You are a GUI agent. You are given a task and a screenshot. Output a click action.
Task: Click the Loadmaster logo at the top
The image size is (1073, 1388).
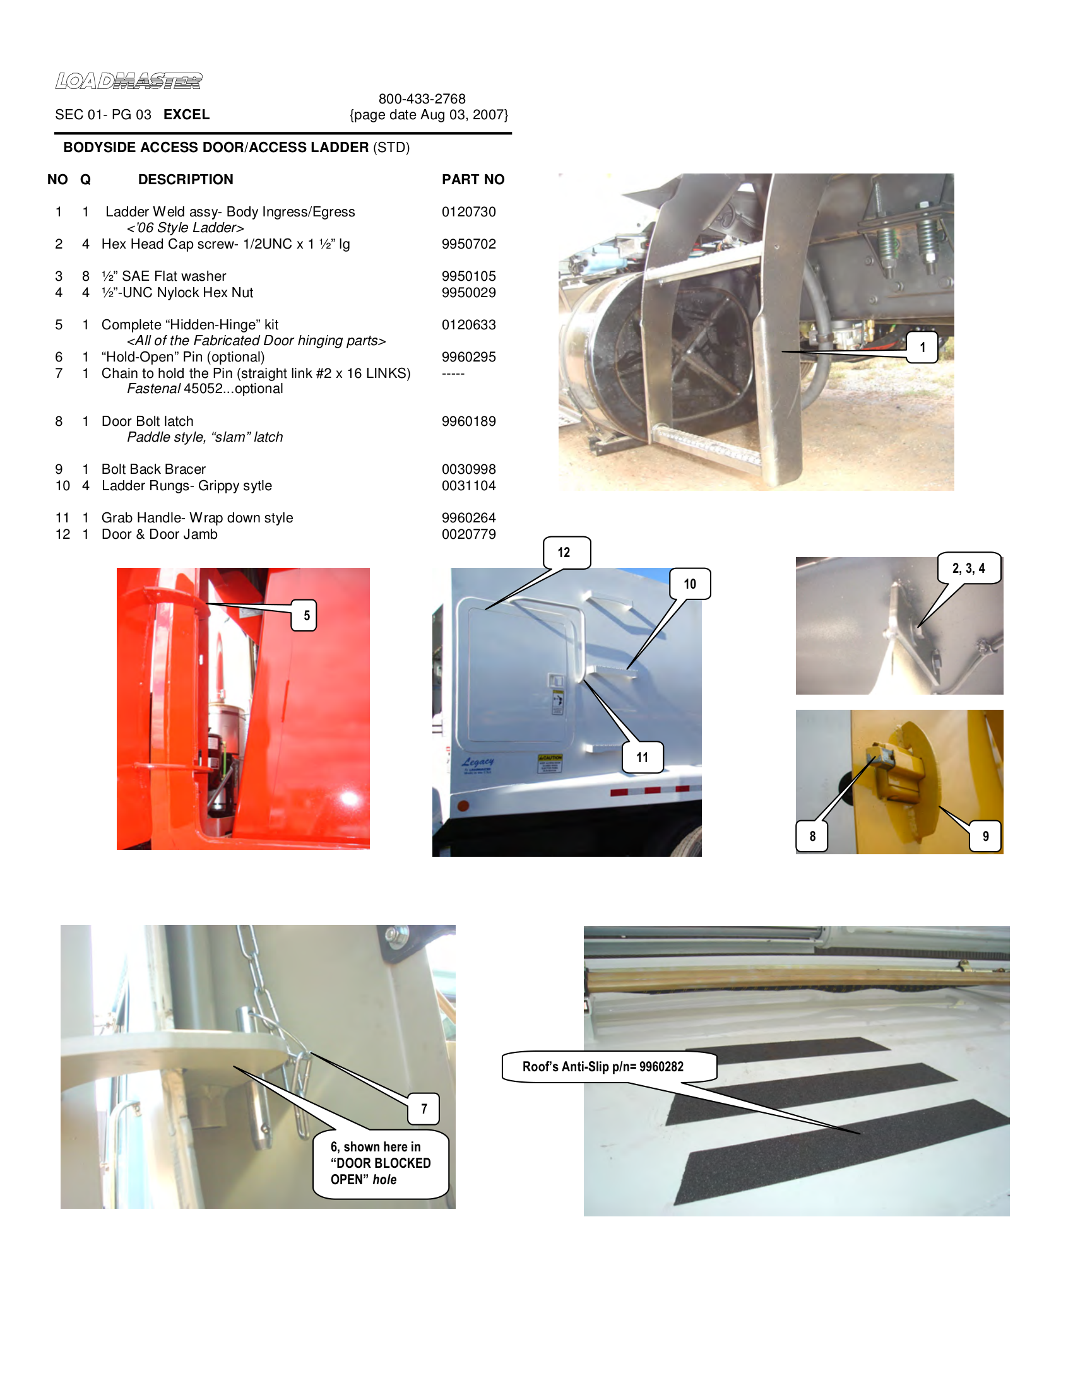pyautogui.click(x=128, y=81)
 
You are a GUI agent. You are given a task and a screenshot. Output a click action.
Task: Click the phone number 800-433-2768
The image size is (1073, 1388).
pyautogui.click(x=422, y=98)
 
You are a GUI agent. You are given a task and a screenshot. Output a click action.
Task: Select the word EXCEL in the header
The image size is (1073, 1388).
pyautogui.click(x=186, y=114)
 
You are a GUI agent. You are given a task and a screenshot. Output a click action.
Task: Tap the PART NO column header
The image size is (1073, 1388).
pyautogui.click(x=472, y=179)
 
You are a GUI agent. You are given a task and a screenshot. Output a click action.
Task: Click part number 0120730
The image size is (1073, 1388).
pyautogui.click(x=468, y=211)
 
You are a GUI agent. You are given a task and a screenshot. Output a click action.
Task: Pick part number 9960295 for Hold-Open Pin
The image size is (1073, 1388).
pyautogui.click(x=468, y=356)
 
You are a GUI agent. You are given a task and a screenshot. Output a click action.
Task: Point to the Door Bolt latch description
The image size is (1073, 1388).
pyautogui.click(x=148, y=421)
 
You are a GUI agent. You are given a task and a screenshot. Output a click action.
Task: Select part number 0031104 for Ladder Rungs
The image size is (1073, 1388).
pyautogui.click(x=468, y=486)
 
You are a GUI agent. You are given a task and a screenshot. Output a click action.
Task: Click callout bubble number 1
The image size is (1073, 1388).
pyautogui.click(x=922, y=347)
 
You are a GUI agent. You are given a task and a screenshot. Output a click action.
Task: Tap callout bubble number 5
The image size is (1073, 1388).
pyautogui.click(x=305, y=615)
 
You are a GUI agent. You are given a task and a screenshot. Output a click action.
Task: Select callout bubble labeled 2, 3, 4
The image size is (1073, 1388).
pyautogui.click(x=968, y=568)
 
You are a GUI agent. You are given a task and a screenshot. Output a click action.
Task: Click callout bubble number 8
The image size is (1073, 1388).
pyautogui.click(x=812, y=837)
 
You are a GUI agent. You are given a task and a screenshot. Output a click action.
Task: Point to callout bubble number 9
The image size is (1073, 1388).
pyautogui.click(x=985, y=837)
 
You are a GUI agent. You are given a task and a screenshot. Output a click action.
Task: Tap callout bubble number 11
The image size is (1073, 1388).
pyautogui.click(x=642, y=757)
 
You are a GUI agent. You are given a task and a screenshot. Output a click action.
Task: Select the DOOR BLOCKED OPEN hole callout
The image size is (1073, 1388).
pyautogui.click(x=380, y=1163)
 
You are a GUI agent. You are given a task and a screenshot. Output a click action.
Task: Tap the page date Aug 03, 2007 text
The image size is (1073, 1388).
pyautogui.click(x=429, y=115)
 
